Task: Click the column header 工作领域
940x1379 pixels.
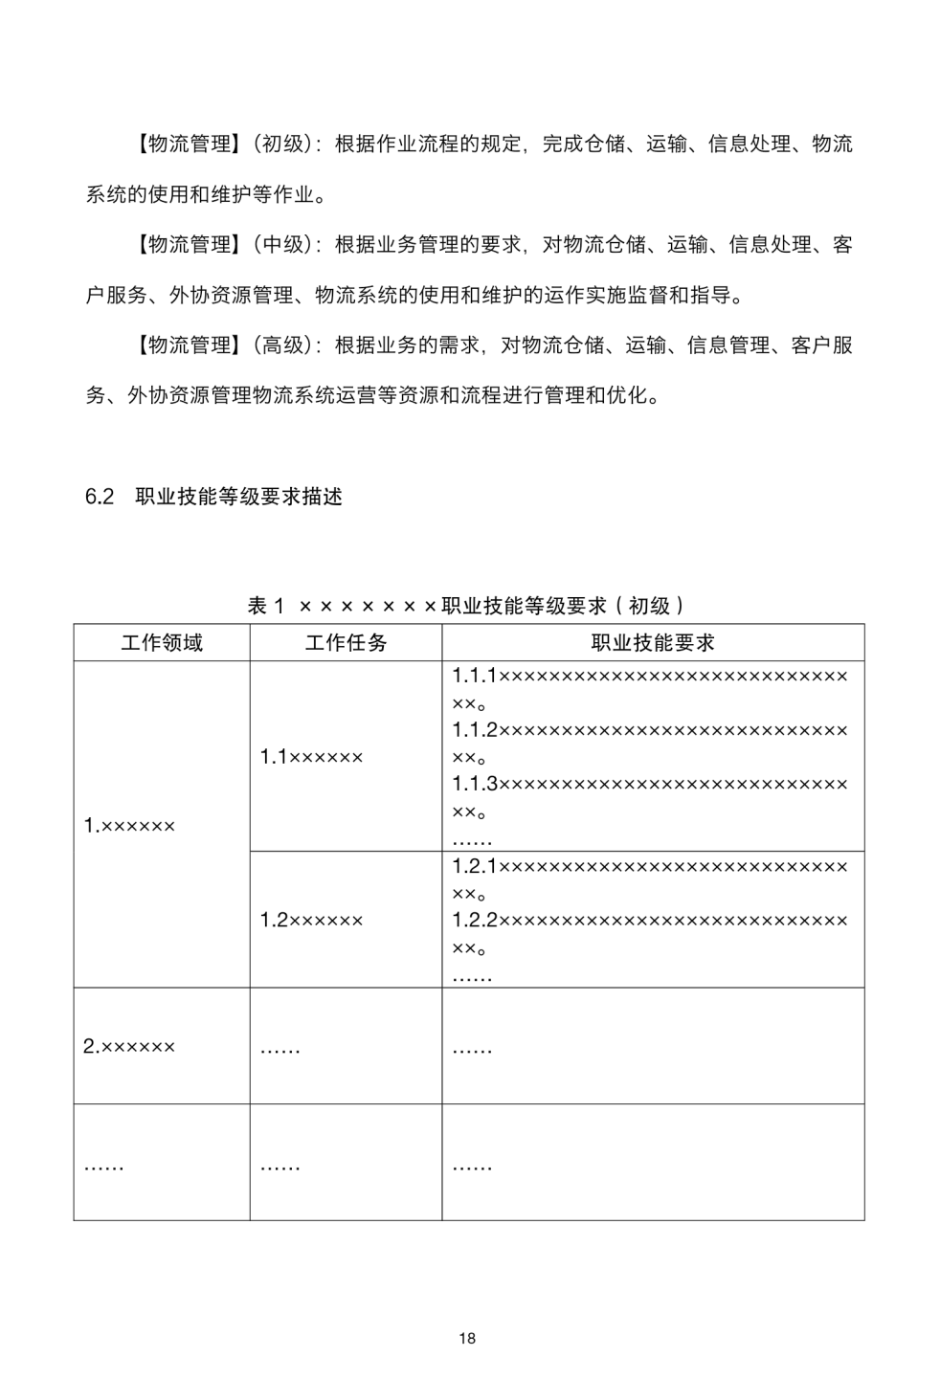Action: coord(162,642)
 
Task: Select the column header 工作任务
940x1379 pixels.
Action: coord(346,642)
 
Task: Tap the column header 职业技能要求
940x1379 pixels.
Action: coord(653,642)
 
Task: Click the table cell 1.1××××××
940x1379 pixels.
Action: coord(311,757)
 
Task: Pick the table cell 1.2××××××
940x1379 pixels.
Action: coord(311,921)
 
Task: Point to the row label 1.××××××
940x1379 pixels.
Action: coord(129,825)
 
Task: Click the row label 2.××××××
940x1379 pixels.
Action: coord(129,1046)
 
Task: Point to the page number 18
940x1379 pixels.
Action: coord(467,1338)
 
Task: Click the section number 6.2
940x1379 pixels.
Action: coord(100,497)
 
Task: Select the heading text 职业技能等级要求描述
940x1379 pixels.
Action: coord(239,497)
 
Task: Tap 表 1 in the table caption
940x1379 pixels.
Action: coord(266,606)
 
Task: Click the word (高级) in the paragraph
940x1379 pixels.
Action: coord(284,345)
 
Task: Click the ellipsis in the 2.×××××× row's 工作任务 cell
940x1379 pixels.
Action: coord(280,1050)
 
